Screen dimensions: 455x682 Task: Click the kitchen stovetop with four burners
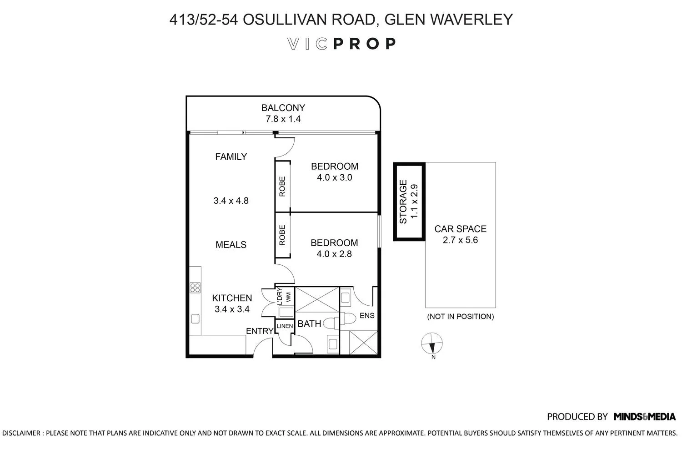(x=195, y=287)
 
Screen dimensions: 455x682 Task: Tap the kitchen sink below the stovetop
(x=196, y=318)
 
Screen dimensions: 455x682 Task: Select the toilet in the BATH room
(x=332, y=322)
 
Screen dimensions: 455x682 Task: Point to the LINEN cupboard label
(x=285, y=326)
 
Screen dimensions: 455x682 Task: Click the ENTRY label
(x=260, y=331)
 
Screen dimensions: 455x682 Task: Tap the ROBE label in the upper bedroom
(x=282, y=186)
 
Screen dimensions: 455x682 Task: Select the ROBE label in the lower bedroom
(x=282, y=235)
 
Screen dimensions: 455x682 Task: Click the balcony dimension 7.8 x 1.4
(x=283, y=119)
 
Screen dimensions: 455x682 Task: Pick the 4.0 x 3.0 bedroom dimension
(x=334, y=177)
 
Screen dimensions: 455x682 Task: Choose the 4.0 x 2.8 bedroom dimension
(x=334, y=254)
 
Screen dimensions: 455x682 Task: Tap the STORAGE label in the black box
(x=403, y=202)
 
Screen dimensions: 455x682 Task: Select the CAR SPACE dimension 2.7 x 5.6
(x=460, y=240)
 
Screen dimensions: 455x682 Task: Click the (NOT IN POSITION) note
(x=460, y=316)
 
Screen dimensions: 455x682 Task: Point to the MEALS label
(x=231, y=245)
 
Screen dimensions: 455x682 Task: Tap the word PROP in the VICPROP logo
(x=365, y=44)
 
